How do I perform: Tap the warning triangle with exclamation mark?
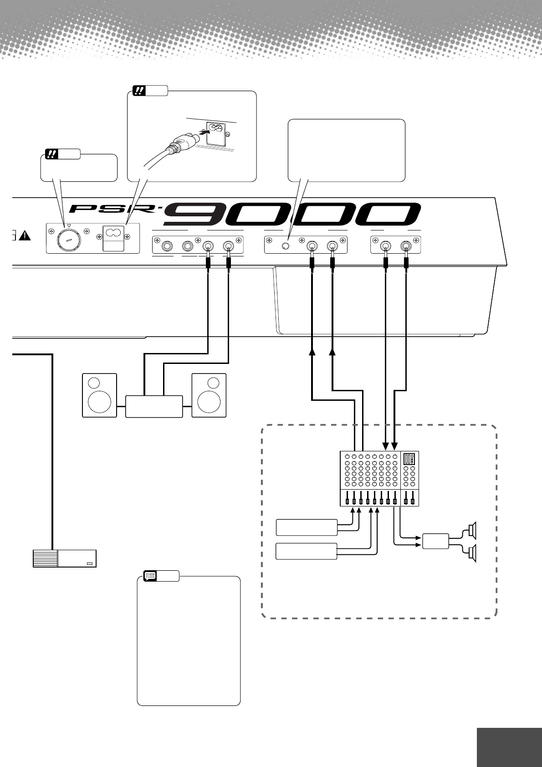point(24,235)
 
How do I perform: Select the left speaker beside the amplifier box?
point(99,395)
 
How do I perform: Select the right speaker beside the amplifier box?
point(209,395)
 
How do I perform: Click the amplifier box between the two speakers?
point(154,406)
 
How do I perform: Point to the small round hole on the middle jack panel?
point(286,246)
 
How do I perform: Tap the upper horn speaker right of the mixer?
point(472,530)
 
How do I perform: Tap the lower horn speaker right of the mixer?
point(472,552)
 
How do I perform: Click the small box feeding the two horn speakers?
point(436,541)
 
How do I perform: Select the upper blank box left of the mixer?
point(307,527)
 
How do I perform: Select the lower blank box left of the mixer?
point(307,551)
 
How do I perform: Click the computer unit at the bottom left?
point(65,558)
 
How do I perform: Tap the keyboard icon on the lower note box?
point(150,576)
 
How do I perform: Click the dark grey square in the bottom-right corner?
point(509,741)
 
